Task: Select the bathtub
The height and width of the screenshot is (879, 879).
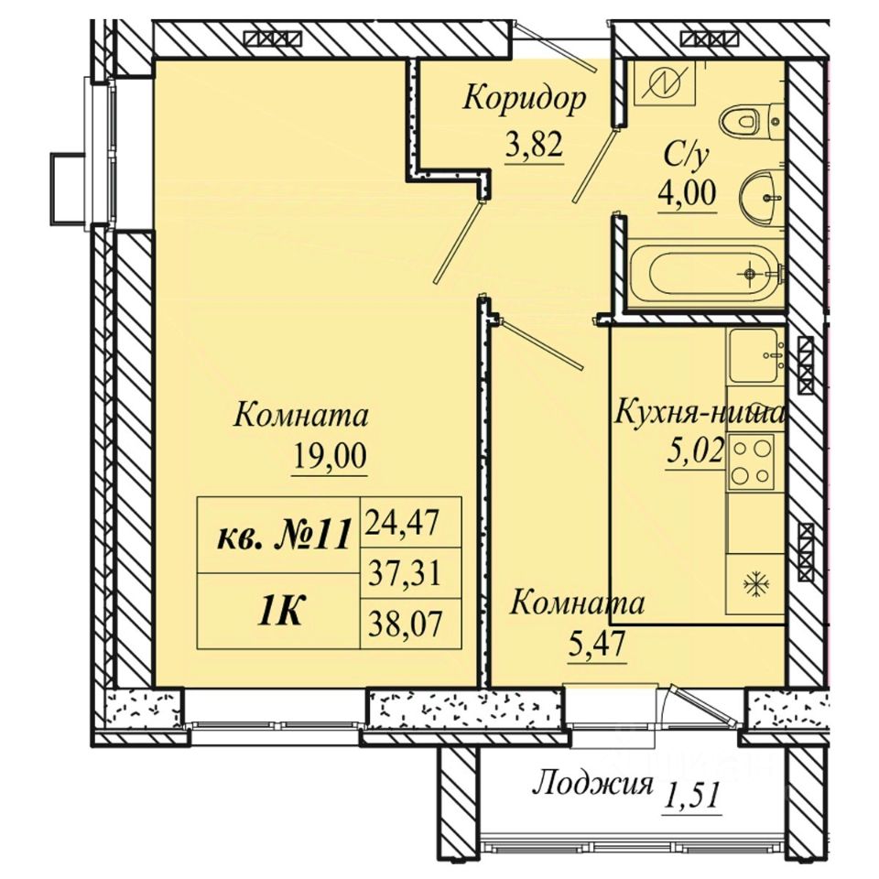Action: pyautogui.click(x=706, y=274)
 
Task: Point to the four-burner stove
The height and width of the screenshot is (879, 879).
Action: pyautogui.click(x=751, y=461)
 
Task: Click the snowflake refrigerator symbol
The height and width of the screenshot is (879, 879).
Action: pyautogui.click(x=757, y=585)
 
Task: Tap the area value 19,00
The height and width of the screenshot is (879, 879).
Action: pyautogui.click(x=329, y=456)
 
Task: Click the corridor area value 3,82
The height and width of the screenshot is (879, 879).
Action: pyautogui.click(x=534, y=146)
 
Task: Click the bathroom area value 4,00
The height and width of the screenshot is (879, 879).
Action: pyautogui.click(x=688, y=193)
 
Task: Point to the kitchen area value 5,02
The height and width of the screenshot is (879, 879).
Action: pyautogui.click(x=695, y=450)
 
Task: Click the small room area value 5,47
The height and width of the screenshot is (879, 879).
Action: pyautogui.click(x=596, y=646)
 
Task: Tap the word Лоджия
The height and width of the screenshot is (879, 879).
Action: pyautogui.click(x=592, y=784)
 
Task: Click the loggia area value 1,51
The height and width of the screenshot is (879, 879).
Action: pyautogui.click(x=691, y=795)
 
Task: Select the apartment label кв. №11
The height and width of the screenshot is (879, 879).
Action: pyautogui.click(x=284, y=534)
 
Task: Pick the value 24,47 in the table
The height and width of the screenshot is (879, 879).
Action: pyautogui.click(x=403, y=523)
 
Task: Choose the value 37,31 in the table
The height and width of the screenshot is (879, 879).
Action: pyautogui.click(x=405, y=573)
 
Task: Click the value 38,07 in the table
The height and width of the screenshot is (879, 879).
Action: pyautogui.click(x=405, y=623)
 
